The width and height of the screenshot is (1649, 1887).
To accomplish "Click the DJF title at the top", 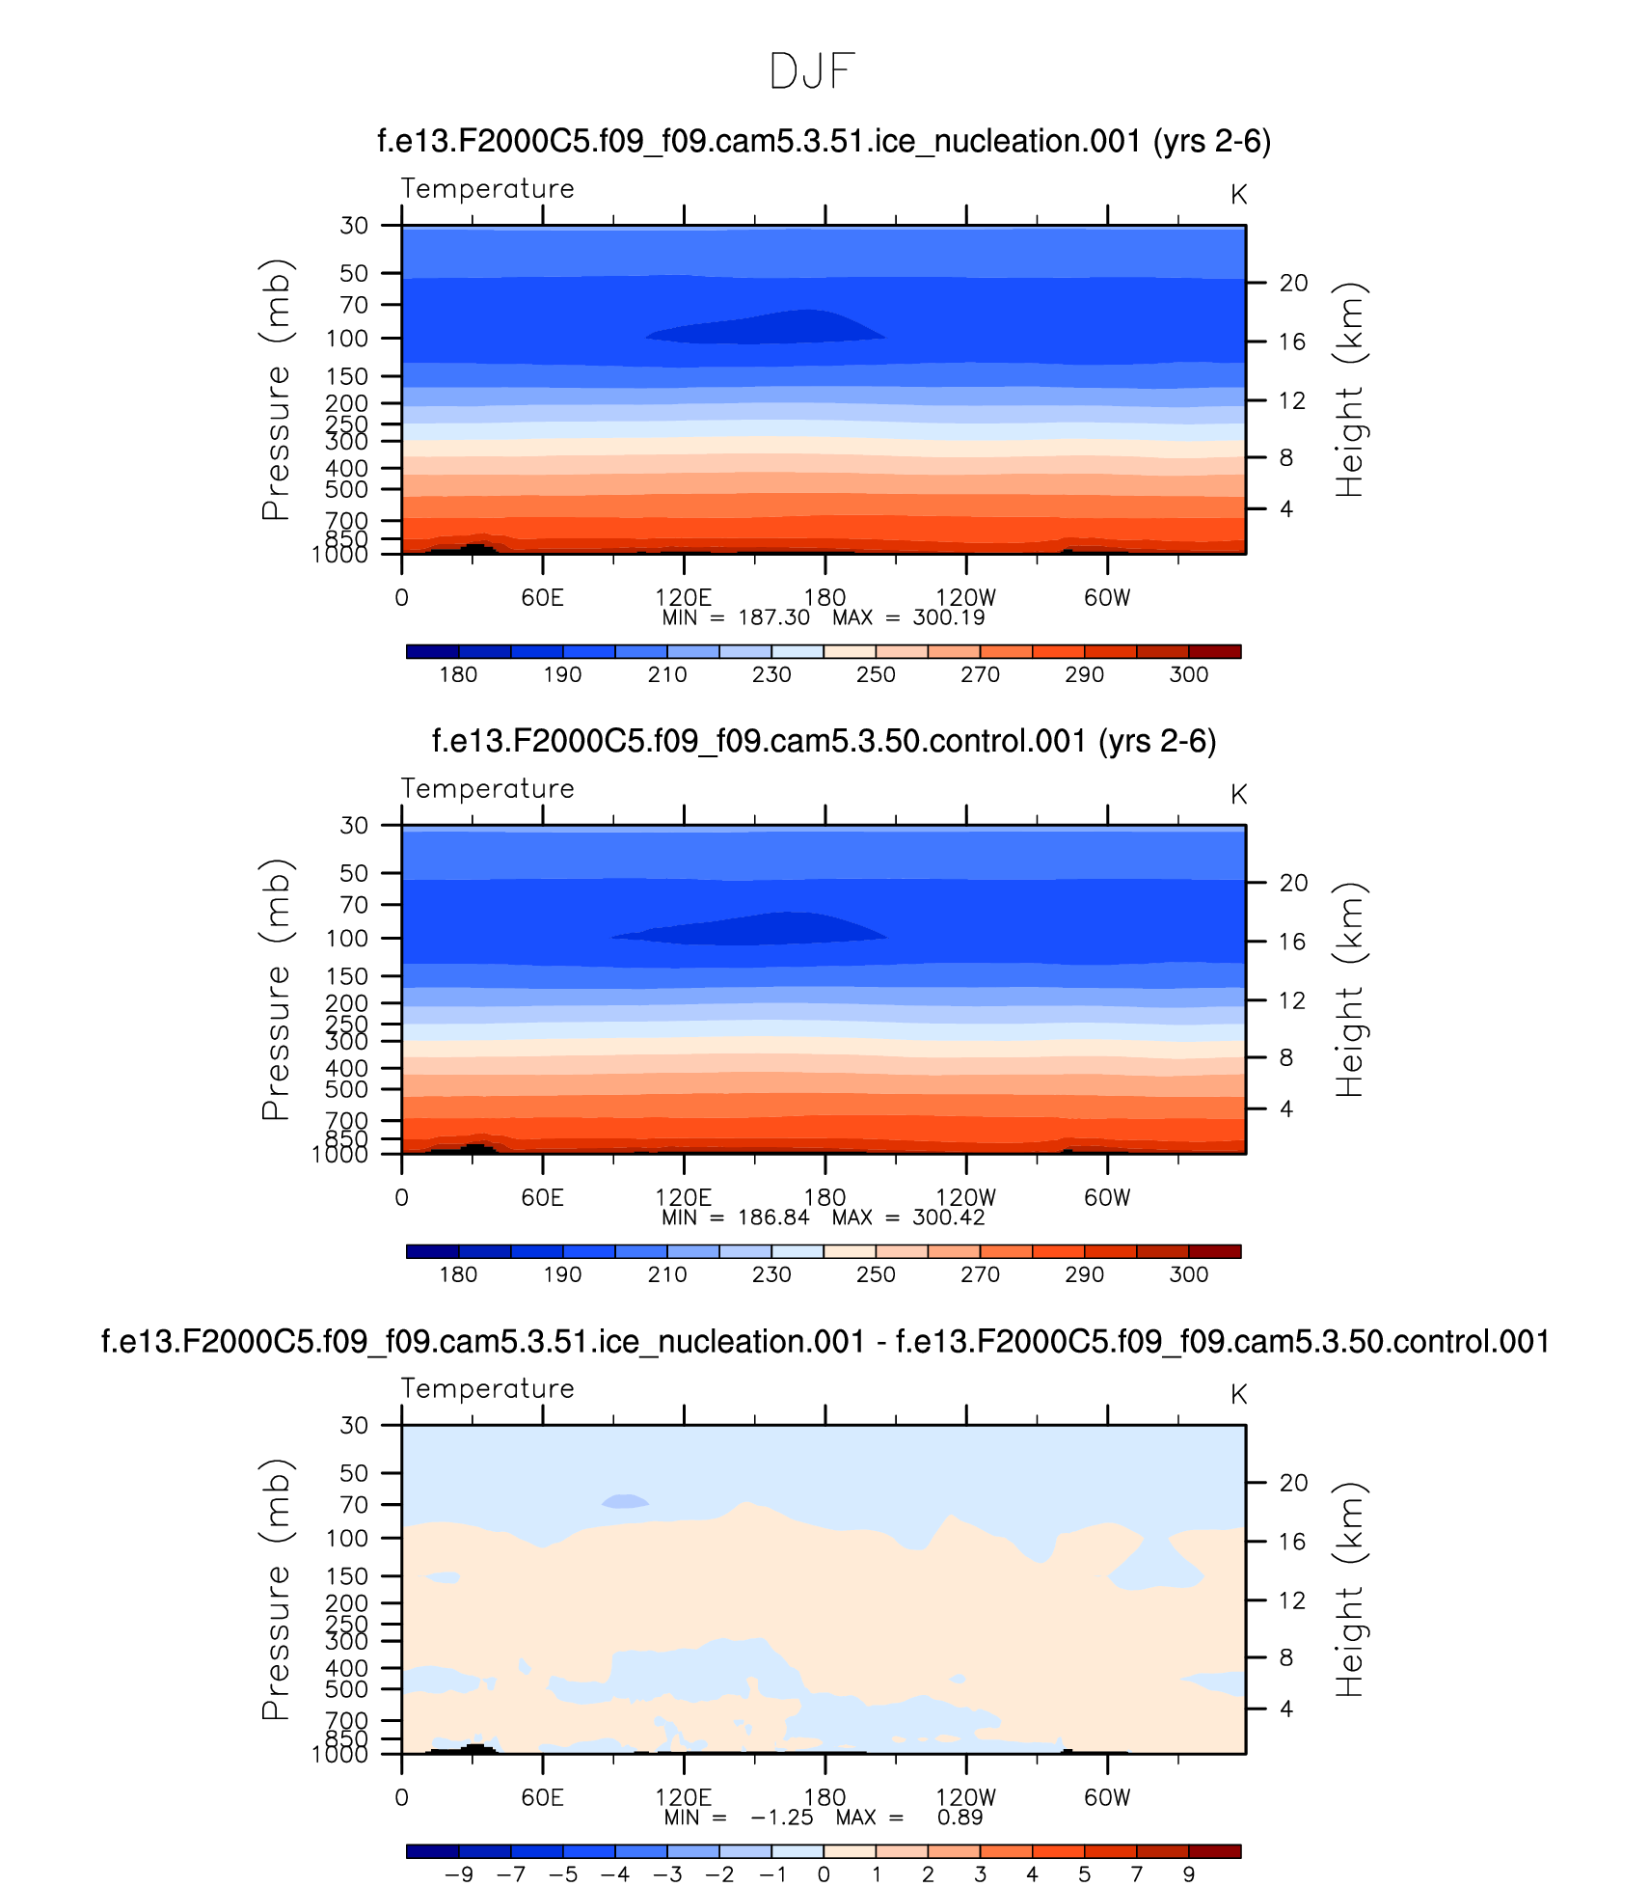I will pyautogui.click(x=812, y=71).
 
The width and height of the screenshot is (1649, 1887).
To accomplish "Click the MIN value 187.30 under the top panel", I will pyautogui.click(x=773, y=617).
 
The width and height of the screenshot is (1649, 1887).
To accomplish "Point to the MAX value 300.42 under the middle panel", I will pyautogui.click(x=949, y=1217).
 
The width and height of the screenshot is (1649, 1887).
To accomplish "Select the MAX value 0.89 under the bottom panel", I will pyautogui.click(x=960, y=1818).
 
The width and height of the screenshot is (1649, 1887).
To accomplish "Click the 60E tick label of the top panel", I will pyautogui.click(x=542, y=597).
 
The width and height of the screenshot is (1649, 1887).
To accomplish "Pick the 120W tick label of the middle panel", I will pyautogui.click(x=965, y=1197).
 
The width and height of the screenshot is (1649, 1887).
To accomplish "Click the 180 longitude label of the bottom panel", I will pyautogui.click(x=824, y=1797).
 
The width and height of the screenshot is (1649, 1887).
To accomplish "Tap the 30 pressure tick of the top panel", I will pyautogui.click(x=354, y=226).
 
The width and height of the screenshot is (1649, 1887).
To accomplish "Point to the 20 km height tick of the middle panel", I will pyautogui.click(x=1293, y=883).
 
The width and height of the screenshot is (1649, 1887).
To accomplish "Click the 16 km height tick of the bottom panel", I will pyautogui.click(x=1293, y=1542).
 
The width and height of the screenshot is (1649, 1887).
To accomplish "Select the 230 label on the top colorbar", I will pyautogui.click(x=771, y=674).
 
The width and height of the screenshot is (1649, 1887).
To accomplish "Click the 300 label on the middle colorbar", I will pyautogui.click(x=1188, y=1274).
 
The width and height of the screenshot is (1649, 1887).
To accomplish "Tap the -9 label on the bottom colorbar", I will pyautogui.click(x=458, y=1873).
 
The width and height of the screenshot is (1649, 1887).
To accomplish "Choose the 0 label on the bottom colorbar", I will pyautogui.click(x=824, y=1873).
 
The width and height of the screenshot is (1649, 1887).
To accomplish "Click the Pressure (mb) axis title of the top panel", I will pyautogui.click(x=275, y=390).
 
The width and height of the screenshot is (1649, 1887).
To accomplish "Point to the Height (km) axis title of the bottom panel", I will pyautogui.click(x=1350, y=1589).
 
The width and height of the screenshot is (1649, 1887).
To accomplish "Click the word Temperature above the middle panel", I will pyautogui.click(x=487, y=788).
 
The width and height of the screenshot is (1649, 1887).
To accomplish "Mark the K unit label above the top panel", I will pyautogui.click(x=1238, y=195).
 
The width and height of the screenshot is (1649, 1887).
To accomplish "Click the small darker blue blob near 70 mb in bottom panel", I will pyautogui.click(x=625, y=1501).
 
